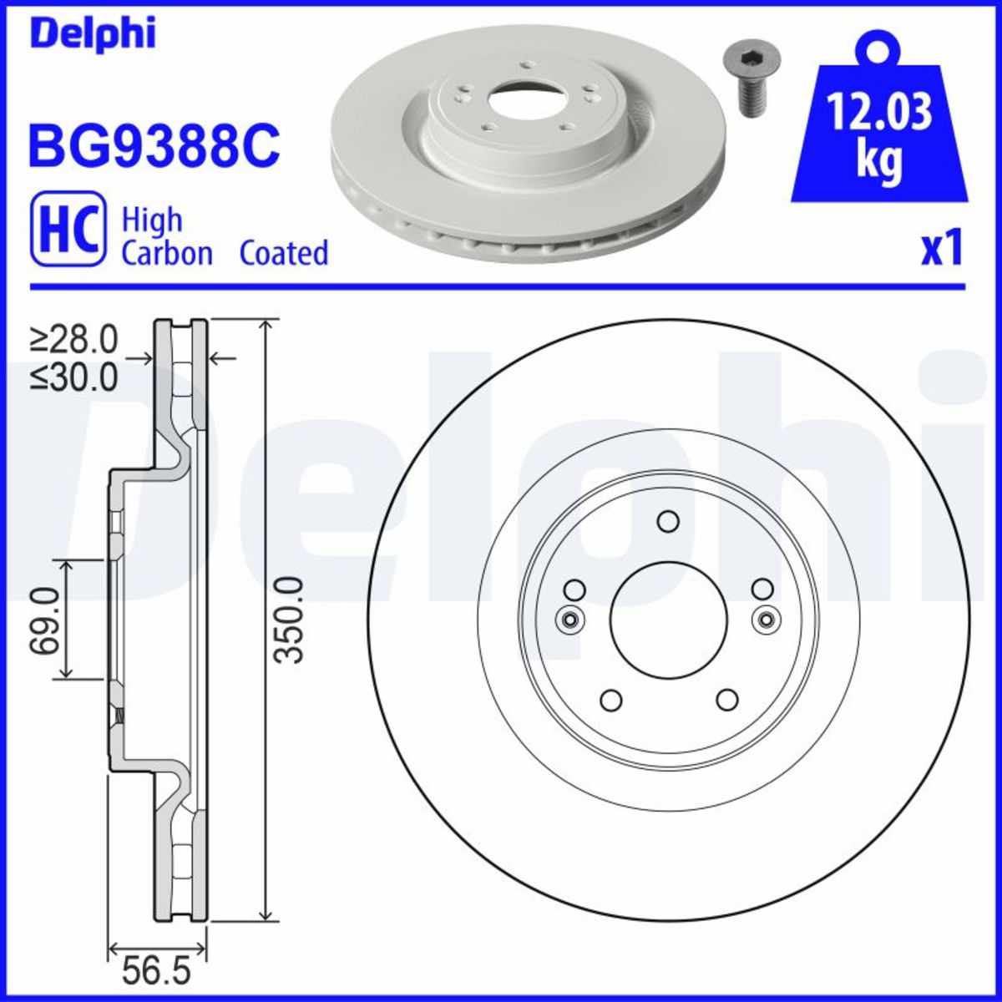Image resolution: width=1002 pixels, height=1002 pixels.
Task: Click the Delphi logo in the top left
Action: [x=92, y=33]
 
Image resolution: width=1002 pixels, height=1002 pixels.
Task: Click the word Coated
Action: [x=284, y=252]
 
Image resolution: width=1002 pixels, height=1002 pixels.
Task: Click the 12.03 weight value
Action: [x=878, y=113]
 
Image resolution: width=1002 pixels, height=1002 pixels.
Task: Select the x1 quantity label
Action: [x=942, y=249]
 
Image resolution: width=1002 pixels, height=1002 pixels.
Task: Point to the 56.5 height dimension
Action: [x=157, y=971]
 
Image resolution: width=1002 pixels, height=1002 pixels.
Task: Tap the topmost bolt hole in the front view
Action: [x=668, y=522]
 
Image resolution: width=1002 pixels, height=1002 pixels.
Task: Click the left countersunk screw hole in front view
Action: [x=569, y=620]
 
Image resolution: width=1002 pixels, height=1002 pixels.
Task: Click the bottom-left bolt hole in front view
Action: [x=611, y=700]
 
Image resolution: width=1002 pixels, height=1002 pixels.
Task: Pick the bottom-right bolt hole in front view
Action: [x=727, y=699]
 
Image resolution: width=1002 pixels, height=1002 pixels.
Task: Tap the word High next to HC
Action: [x=152, y=221]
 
